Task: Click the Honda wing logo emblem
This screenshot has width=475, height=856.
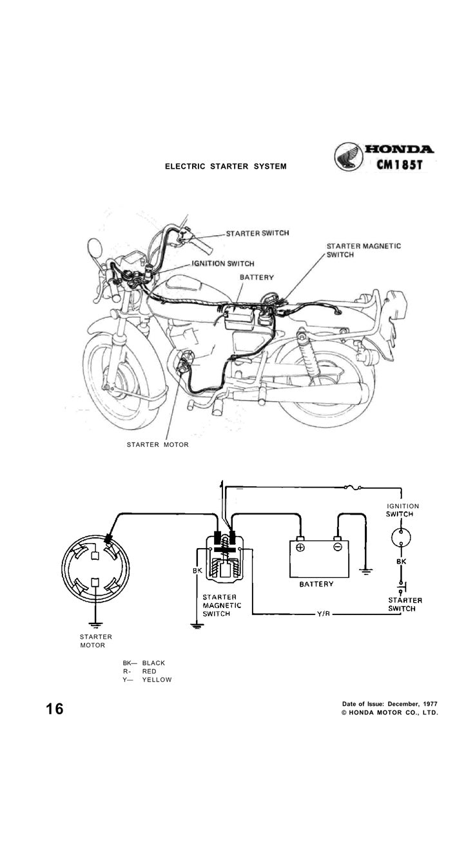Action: coord(349,157)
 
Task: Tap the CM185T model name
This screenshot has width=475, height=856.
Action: coord(400,165)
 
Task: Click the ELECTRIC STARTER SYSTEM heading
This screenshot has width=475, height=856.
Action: coord(226,167)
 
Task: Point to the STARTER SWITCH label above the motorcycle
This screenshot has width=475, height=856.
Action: coord(257,233)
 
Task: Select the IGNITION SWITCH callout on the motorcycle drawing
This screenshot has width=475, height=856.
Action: coord(222,263)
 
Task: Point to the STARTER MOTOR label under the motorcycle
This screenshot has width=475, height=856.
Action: coord(157,445)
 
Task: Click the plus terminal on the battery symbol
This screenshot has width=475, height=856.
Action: coord(300,547)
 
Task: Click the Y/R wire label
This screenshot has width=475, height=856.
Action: coord(323,614)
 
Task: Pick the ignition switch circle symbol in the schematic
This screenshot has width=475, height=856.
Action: coord(401,538)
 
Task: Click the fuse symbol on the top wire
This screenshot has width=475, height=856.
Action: coord(353,487)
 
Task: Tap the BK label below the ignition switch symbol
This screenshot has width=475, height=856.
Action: coord(401,562)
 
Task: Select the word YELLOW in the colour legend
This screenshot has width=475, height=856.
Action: coord(157,680)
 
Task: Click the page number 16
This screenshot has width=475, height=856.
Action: coord(55,709)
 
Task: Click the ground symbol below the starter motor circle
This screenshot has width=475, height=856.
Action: coord(95,625)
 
